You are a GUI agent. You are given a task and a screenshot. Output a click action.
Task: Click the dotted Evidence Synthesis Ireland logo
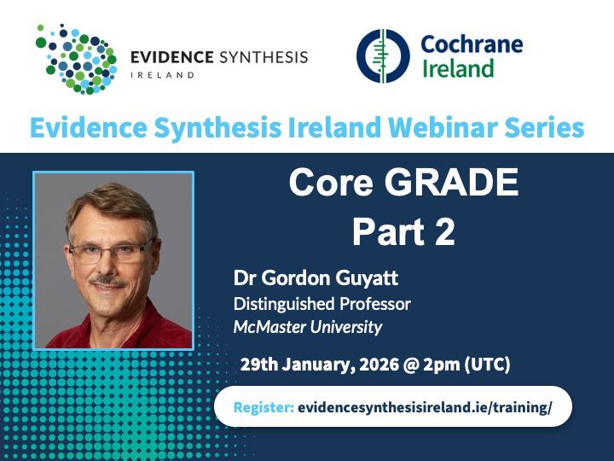coord(77,59)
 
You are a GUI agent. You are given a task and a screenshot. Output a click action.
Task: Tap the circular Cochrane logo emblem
coord(383,56)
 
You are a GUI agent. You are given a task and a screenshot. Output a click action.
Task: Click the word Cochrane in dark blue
coord(472,44)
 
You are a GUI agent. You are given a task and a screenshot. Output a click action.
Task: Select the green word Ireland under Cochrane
coord(458,68)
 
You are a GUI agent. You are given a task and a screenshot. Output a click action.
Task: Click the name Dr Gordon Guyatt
coord(316,278)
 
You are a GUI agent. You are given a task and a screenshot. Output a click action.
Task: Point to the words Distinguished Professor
coord(321,304)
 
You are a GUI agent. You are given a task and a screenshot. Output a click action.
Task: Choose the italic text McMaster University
coord(307,327)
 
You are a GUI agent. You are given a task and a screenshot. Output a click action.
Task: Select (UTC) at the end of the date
coord(487,365)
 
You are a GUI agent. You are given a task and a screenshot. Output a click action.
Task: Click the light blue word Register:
coord(264,407)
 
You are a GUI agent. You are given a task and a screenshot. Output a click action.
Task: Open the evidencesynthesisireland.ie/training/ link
coord(425,407)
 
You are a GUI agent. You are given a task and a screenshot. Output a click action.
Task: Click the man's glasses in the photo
coord(111,251)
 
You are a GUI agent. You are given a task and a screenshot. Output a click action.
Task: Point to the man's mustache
coord(107,281)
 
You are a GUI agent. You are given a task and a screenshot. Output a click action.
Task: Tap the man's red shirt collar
coord(146,322)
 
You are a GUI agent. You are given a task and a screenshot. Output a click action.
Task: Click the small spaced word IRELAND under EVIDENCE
coord(162,75)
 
